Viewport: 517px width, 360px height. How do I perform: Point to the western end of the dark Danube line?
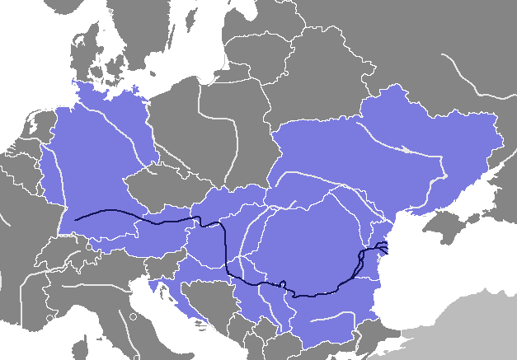click(x=76, y=220)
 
